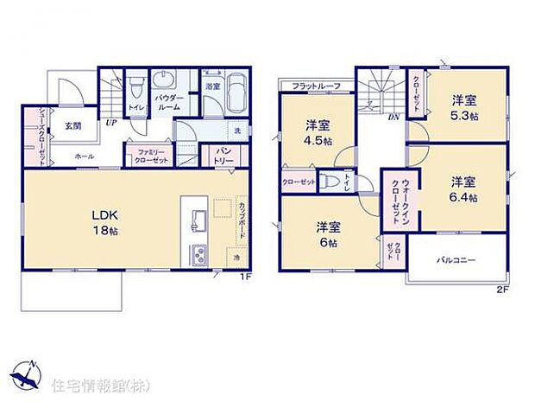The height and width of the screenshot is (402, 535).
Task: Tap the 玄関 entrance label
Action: pyautogui.click(x=72, y=125)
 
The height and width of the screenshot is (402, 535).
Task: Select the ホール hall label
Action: pyautogui.click(x=84, y=156)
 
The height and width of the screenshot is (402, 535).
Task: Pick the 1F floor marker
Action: pyautogui.click(x=246, y=277)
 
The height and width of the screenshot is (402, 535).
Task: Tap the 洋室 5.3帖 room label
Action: pyautogui.click(x=463, y=108)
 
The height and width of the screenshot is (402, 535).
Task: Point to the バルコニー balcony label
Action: pyautogui.click(x=456, y=259)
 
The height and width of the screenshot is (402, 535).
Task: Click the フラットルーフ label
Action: pyautogui.click(x=316, y=86)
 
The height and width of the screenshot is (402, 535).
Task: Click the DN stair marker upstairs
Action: pyautogui.click(x=393, y=117)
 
